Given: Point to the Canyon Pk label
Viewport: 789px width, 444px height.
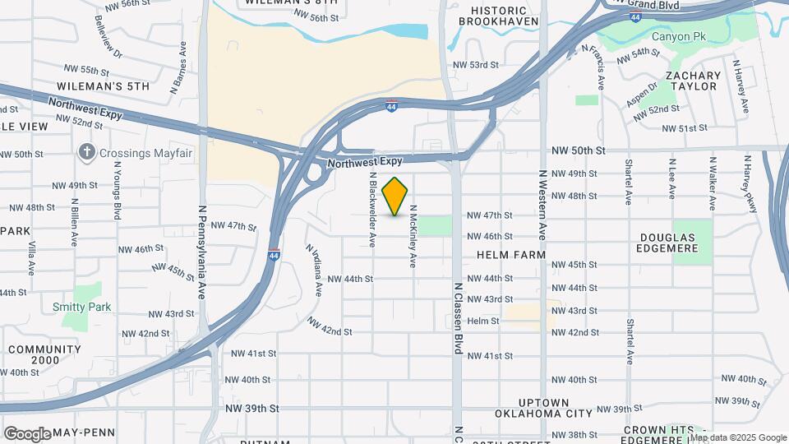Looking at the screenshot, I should point(679,37).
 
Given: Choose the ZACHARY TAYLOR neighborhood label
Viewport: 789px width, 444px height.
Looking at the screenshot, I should point(693,80).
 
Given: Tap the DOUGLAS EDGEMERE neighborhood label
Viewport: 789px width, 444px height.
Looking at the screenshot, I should point(667,243).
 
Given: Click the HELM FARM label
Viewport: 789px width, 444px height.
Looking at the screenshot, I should point(511,255).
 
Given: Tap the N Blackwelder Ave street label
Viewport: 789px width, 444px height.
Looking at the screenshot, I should point(373,210).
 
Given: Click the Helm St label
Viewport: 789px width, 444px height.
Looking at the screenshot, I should point(483,321).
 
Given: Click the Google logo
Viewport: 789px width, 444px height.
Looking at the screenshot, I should point(27,433).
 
